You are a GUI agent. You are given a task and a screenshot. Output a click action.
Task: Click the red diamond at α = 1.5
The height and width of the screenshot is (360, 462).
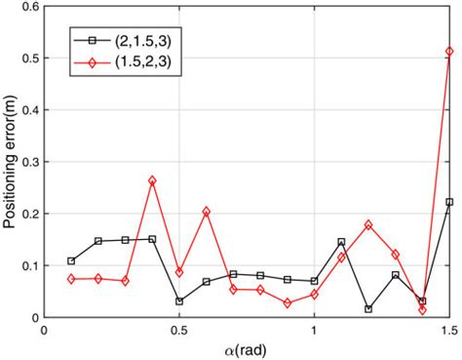coord(449,51)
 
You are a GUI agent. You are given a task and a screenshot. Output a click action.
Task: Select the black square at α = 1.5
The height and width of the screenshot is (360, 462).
coord(449,202)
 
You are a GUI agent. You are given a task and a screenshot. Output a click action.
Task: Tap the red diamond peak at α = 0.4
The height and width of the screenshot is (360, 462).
coord(152,180)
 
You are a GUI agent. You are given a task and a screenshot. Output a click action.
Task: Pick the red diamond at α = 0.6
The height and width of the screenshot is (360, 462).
coord(207,211)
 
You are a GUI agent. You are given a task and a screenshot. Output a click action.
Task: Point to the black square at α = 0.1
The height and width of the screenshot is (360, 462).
coord(71,260)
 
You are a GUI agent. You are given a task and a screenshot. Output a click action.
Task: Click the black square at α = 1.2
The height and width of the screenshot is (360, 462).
coord(368,308)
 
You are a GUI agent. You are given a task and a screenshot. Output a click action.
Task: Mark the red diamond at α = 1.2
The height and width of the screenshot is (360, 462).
coord(368,224)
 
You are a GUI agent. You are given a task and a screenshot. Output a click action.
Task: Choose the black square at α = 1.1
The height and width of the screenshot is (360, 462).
coord(341,242)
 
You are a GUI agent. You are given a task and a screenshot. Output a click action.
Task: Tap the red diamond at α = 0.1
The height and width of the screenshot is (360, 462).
coord(71,279)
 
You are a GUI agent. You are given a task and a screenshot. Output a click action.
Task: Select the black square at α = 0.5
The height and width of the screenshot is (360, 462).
coord(179,301)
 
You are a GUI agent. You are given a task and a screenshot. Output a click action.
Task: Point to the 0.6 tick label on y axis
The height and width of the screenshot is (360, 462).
coord(29,7)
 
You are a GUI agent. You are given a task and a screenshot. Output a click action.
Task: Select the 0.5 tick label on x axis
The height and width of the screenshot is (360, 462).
coord(179,330)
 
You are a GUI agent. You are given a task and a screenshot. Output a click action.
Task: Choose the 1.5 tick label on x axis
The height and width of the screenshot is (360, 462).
coord(447,330)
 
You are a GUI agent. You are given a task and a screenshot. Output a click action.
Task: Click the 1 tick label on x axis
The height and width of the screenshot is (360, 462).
coord(314,330)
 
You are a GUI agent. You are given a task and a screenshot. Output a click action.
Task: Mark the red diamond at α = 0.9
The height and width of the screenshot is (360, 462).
coord(288,303)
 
